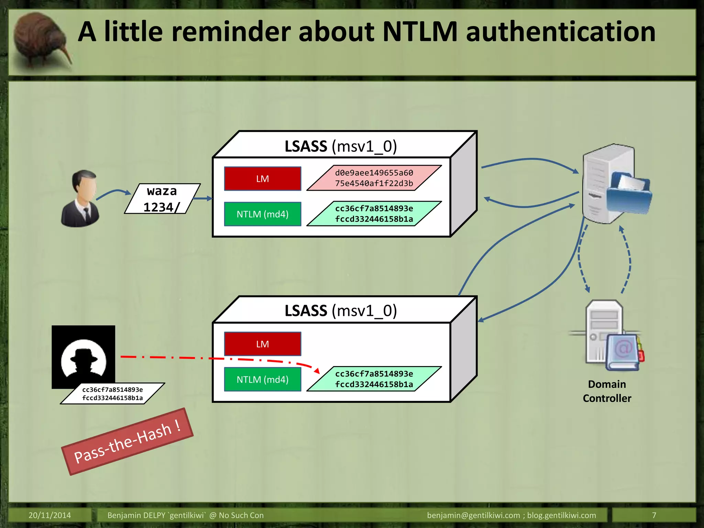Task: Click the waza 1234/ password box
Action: click(162, 199)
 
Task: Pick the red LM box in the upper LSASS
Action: click(263, 179)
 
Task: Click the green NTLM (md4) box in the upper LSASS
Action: click(263, 214)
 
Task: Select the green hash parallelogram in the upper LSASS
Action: click(374, 213)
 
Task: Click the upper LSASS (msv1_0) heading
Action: click(340, 146)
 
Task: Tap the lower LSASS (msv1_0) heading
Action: click(340, 311)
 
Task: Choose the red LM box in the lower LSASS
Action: click(263, 344)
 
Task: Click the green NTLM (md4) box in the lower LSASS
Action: click(263, 379)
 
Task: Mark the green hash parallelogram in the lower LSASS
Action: click(374, 379)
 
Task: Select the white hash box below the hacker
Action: click(112, 394)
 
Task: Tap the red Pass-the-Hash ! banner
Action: click(127, 442)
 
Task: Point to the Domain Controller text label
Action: click(607, 391)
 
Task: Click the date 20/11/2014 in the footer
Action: click(49, 515)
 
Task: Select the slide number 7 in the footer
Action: click(654, 515)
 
